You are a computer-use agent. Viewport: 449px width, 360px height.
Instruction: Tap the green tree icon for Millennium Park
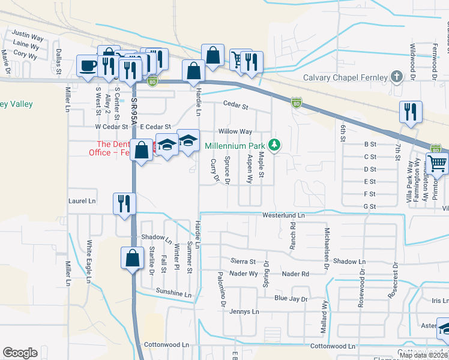point(274,145)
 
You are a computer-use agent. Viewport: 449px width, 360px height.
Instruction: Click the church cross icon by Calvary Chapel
point(396,77)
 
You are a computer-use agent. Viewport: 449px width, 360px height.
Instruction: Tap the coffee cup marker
point(88,66)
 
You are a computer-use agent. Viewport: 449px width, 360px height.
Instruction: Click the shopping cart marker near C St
point(437,163)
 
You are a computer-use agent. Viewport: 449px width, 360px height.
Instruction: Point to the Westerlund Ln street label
point(283,215)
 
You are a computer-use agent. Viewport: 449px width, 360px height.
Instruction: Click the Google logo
point(20,353)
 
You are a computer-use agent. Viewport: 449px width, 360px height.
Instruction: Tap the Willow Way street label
point(235,131)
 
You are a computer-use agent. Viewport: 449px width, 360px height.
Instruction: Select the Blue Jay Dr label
point(291,298)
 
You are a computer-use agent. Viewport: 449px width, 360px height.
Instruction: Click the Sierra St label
point(243,262)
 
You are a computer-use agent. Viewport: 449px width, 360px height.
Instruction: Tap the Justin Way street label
point(28,36)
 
